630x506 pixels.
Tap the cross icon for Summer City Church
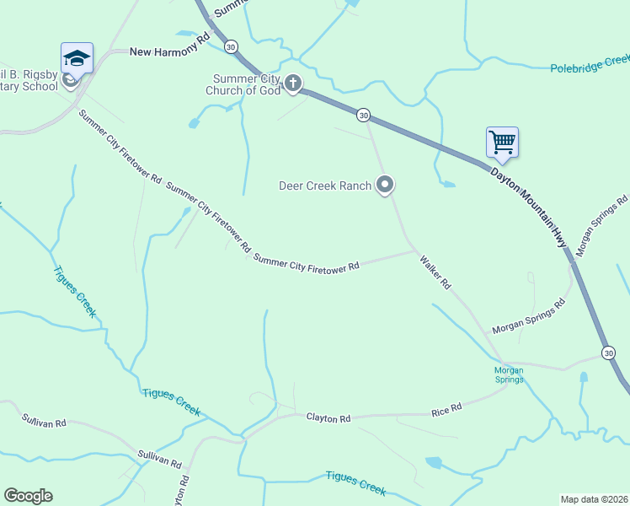click(x=292, y=83)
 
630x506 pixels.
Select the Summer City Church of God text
click(x=246, y=84)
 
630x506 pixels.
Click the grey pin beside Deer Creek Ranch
click(x=385, y=184)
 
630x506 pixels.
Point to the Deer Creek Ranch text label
click(x=325, y=186)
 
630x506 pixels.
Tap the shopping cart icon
click(x=502, y=142)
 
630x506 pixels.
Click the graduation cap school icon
click(x=77, y=58)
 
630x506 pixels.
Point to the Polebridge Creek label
click(x=590, y=64)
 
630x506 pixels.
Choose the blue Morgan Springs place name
click(x=508, y=374)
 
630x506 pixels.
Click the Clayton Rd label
click(x=328, y=417)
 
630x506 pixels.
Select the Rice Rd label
click(x=446, y=409)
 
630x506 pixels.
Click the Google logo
click(x=28, y=496)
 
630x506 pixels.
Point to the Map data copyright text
click(x=593, y=499)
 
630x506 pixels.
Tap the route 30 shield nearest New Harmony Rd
click(x=232, y=46)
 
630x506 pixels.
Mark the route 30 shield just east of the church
click(x=363, y=114)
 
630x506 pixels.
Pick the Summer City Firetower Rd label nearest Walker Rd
click(x=307, y=264)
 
